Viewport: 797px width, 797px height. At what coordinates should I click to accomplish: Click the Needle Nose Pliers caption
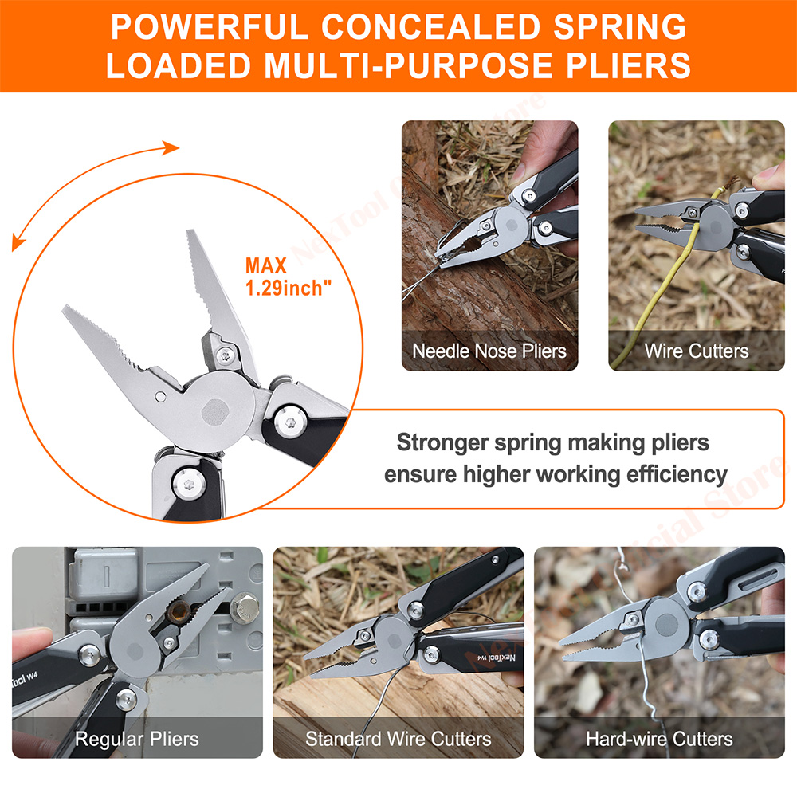click(489, 351)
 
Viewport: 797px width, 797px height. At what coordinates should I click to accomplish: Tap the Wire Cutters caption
click(696, 351)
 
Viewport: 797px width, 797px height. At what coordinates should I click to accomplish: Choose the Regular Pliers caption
click(136, 739)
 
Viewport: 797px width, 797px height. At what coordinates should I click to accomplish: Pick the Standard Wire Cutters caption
click(398, 739)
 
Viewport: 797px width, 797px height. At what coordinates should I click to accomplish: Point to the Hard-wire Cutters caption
click(658, 739)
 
